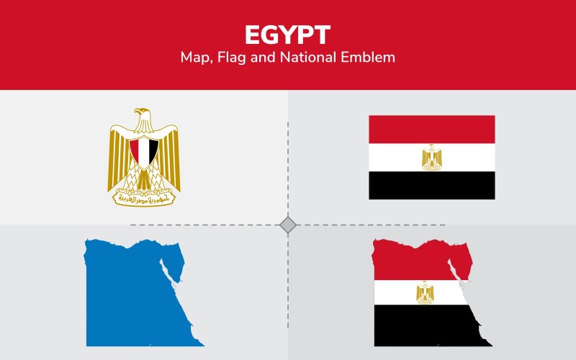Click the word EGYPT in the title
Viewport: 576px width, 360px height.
pos(288,35)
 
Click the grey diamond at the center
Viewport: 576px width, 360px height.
pos(288,225)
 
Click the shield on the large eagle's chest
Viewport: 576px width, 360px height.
pos(144,152)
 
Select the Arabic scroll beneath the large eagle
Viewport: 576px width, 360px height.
pos(144,196)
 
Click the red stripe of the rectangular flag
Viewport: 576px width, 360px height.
pos(432,129)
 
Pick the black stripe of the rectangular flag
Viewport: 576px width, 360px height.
pos(432,185)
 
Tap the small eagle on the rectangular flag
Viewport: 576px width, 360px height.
pos(432,157)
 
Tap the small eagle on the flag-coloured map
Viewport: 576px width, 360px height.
pos(425,292)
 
